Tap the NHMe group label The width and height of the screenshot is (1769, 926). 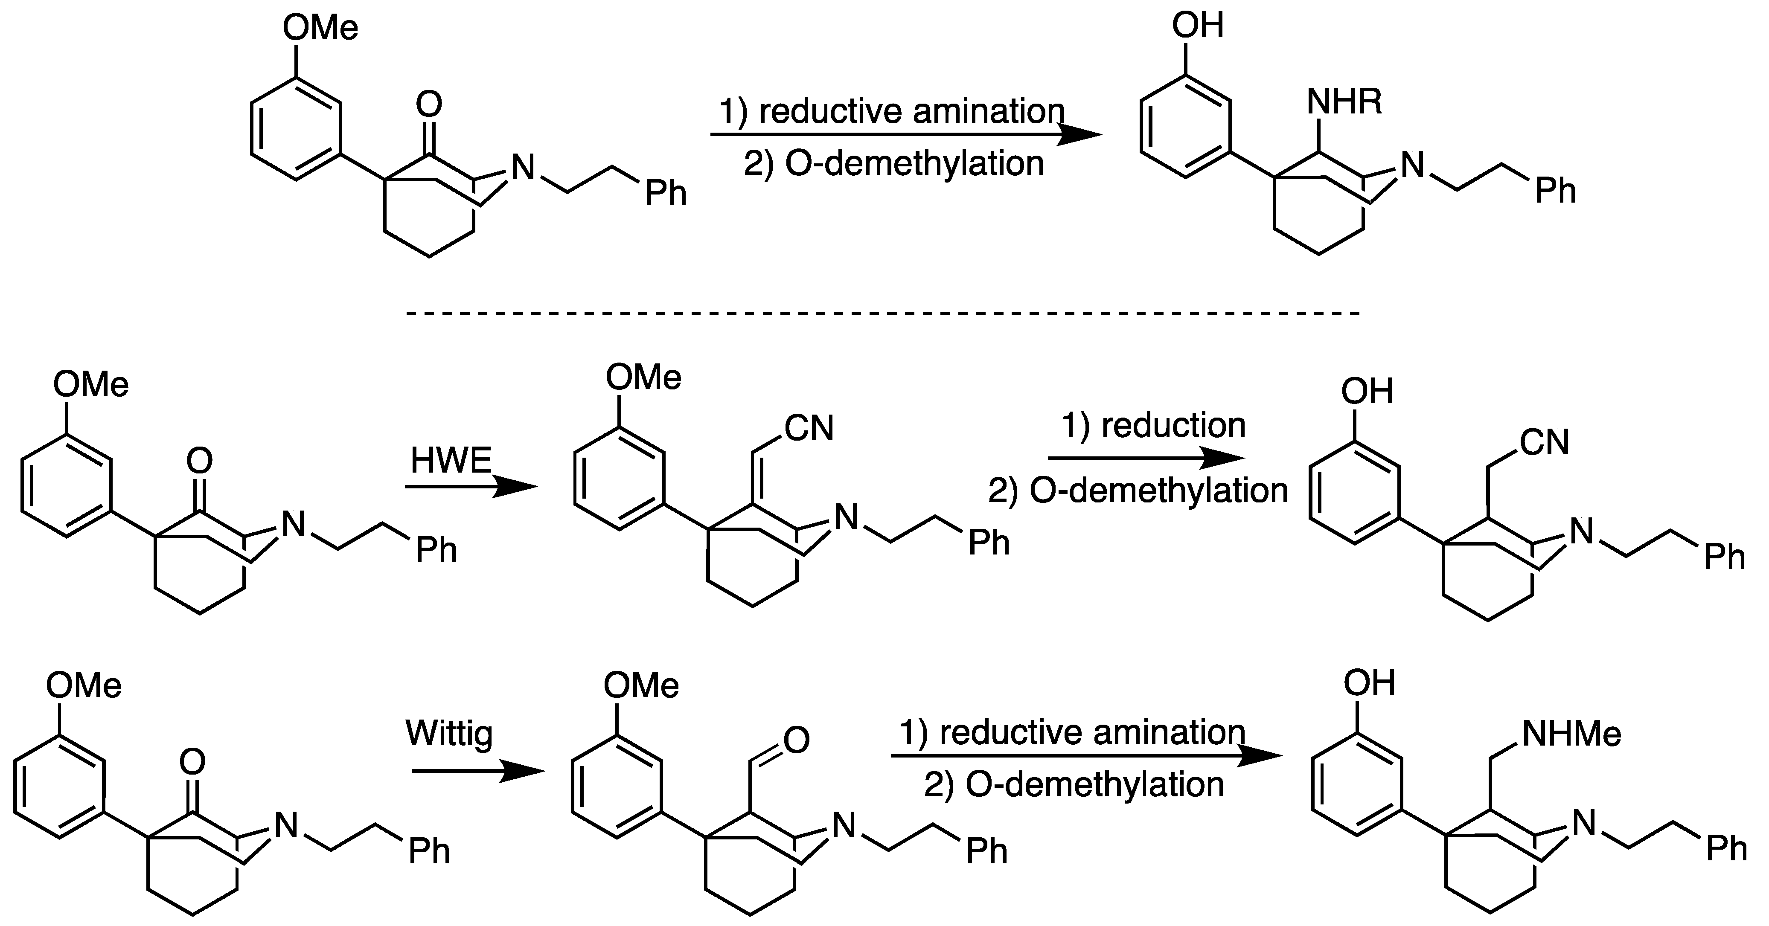(x=1571, y=734)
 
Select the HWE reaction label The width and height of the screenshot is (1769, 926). (x=451, y=461)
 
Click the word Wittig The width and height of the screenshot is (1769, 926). (x=450, y=733)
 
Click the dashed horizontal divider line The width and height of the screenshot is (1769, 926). (x=883, y=314)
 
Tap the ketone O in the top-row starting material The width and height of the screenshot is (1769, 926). (x=429, y=105)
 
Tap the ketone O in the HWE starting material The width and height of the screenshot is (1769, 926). (x=199, y=461)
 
